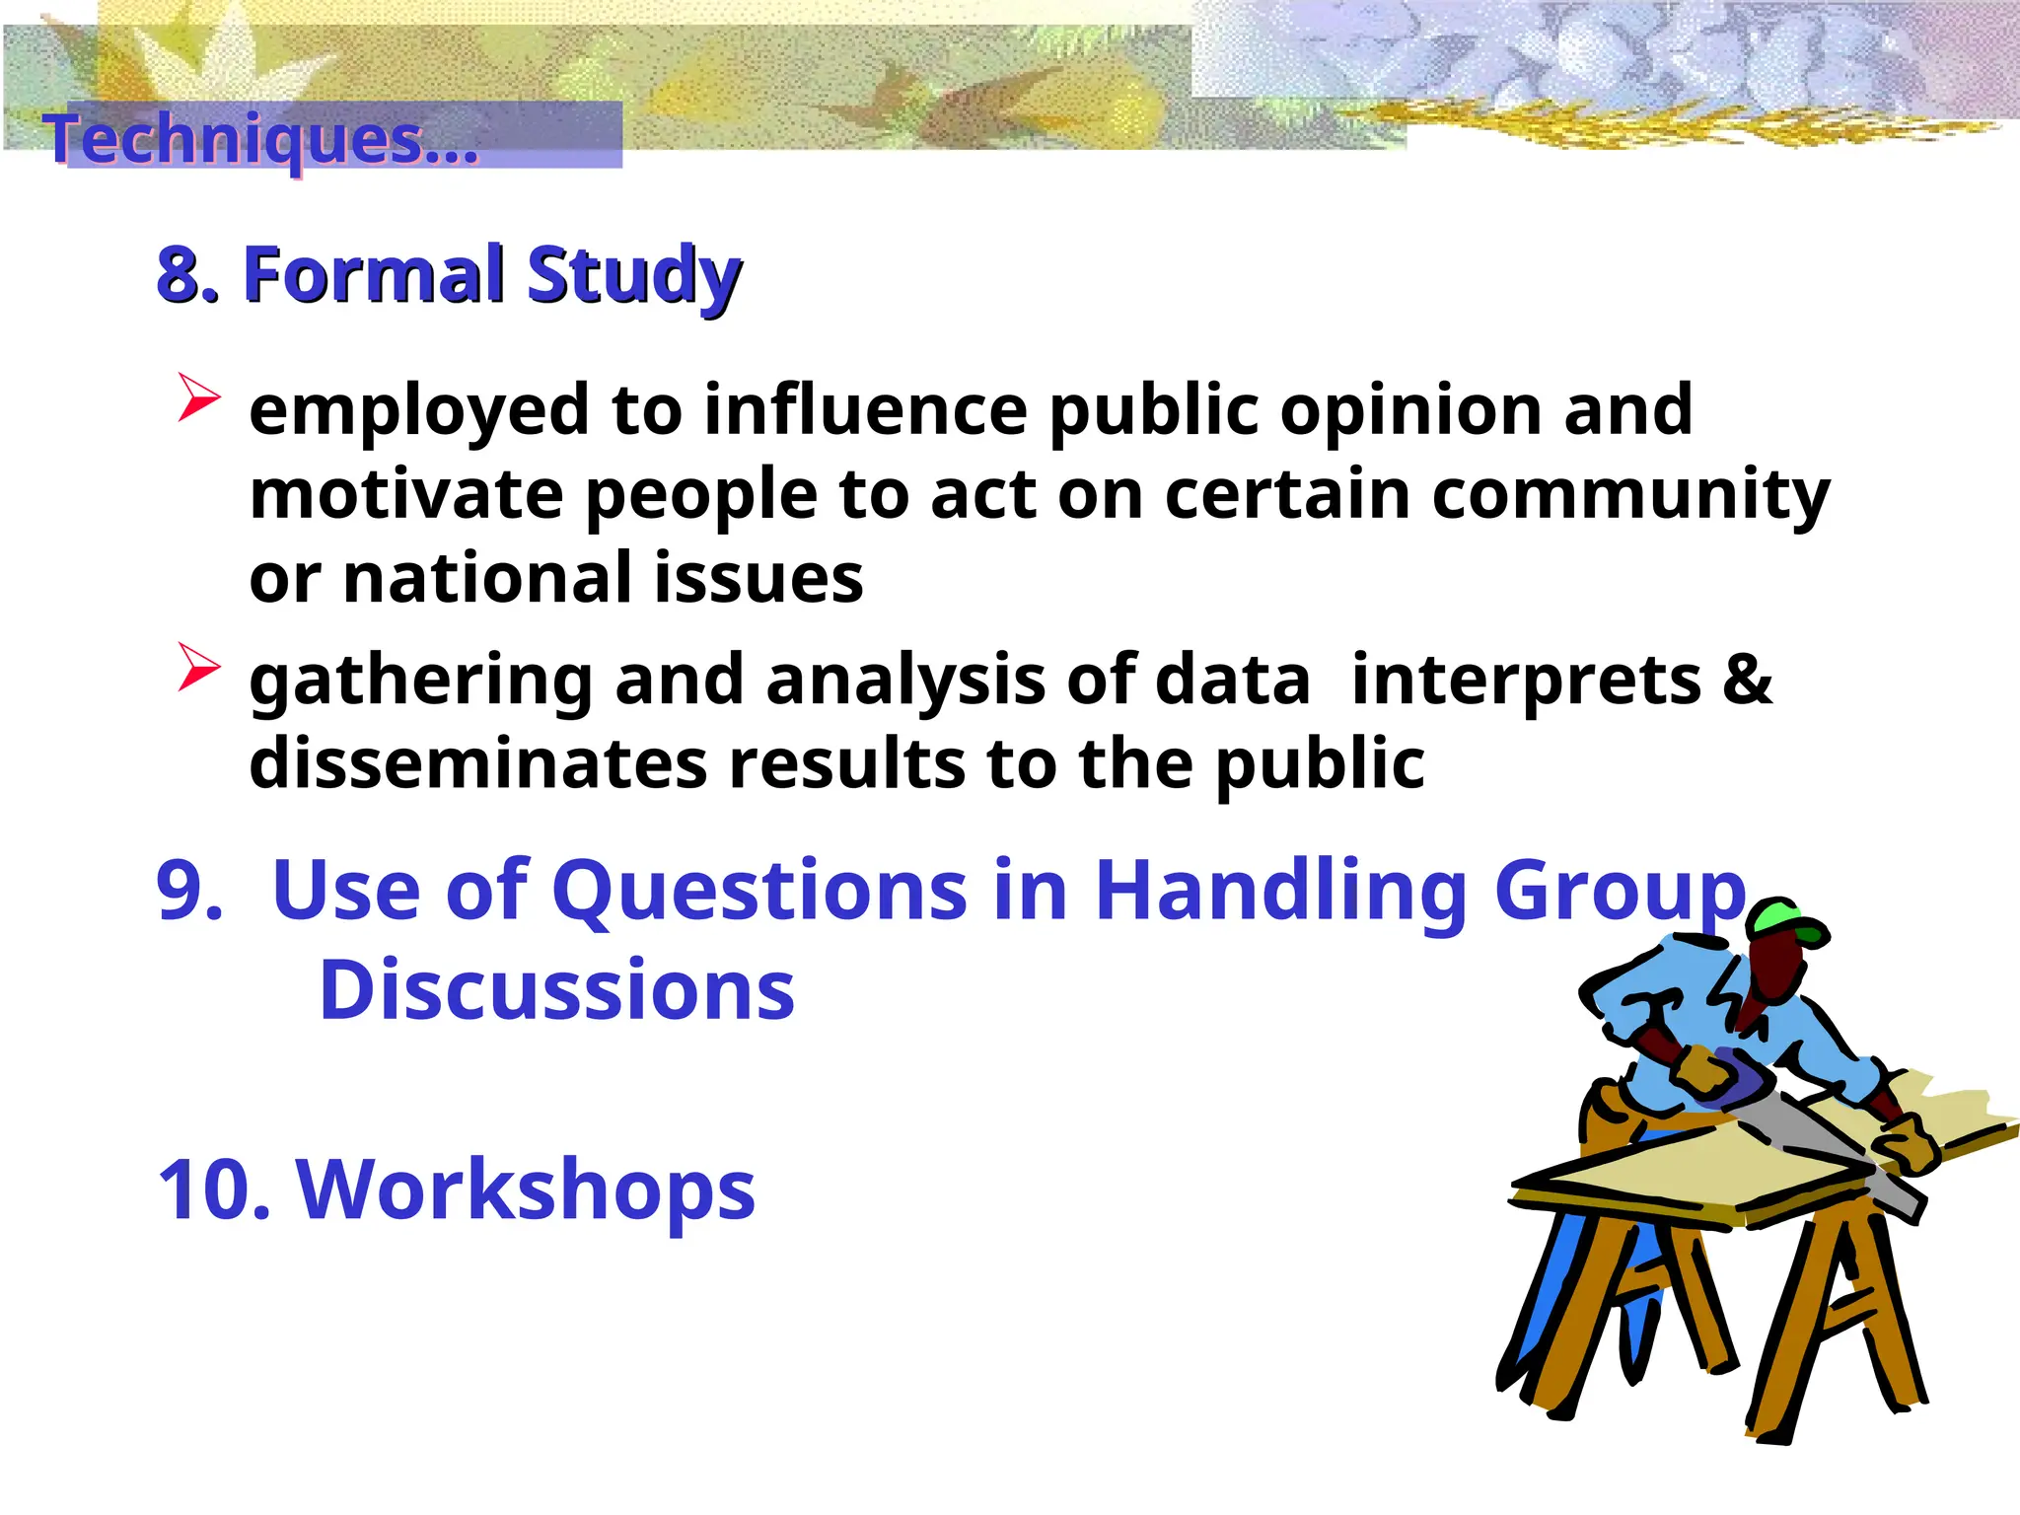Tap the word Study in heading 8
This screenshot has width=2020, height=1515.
tap(632, 276)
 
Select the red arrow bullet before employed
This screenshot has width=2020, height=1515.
tap(198, 397)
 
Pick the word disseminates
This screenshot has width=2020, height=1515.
tap(477, 763)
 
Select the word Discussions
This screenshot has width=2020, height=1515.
tap(556, 990)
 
